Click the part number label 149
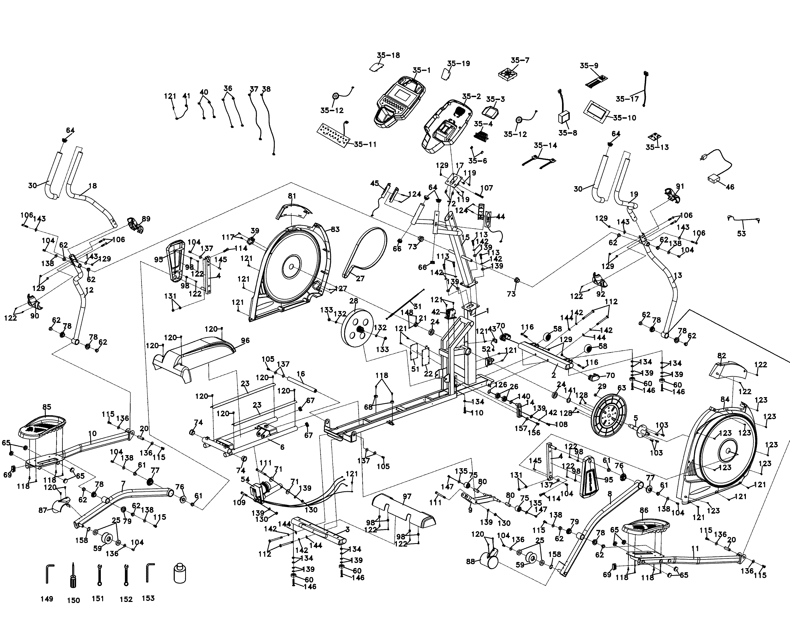point(47,599)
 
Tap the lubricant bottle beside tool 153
point(179,574)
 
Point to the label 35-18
point(388,55)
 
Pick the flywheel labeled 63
point(609,415)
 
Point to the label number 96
point(245,340)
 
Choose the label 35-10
point(624,118)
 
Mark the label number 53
point(741,233)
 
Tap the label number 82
point(721,355)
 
